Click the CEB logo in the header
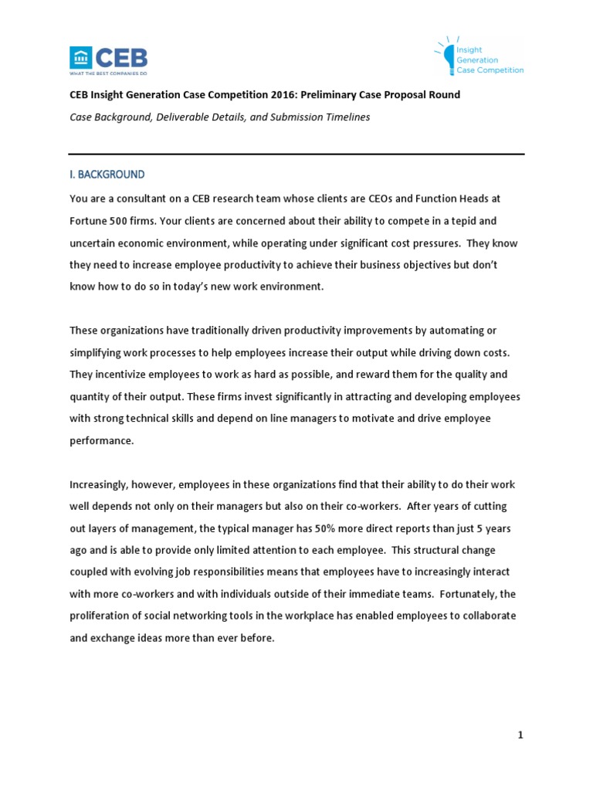(108, 57)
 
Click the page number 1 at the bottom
(520, 735)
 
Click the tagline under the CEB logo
(108, 73)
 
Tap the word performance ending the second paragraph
(101, 441)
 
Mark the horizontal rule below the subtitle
(296, 154)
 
